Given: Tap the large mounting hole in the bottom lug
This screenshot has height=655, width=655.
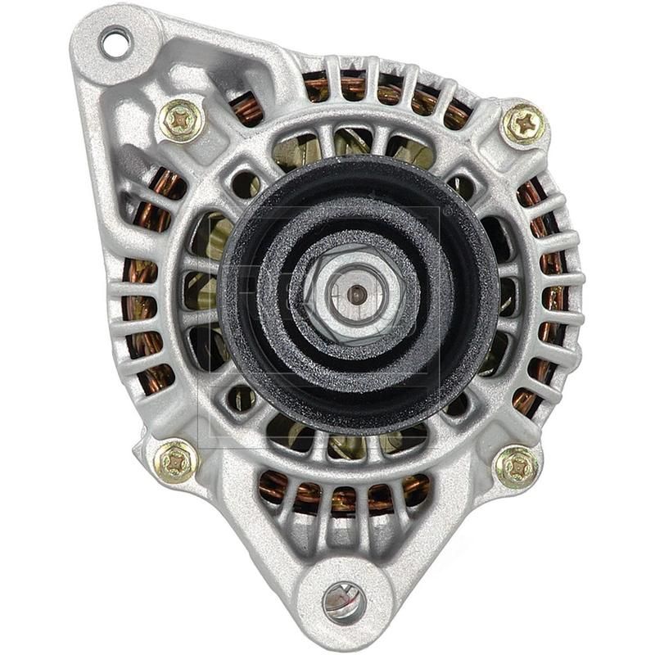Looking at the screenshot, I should click(344, 602).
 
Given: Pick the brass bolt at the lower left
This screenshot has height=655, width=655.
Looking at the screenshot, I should click(177, 461).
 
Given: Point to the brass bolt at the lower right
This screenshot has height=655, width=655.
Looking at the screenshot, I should click(517, 467).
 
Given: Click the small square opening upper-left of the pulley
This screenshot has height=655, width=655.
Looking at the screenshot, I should click(244, 184).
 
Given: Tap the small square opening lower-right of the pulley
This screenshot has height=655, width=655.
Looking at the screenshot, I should click(456, 401).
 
